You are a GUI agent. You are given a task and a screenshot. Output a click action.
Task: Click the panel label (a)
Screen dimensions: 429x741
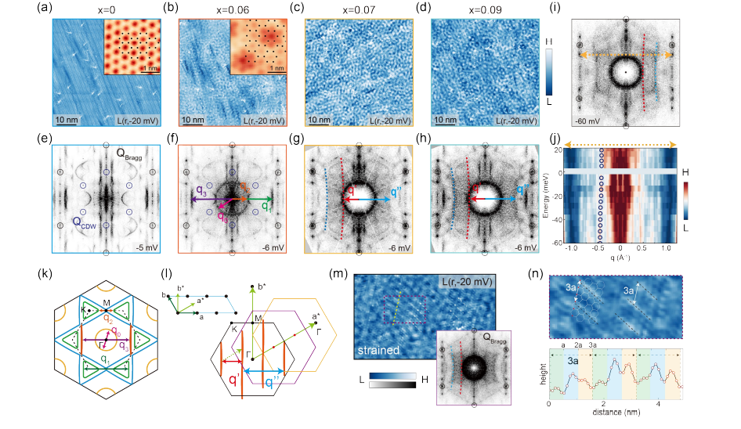[x=58, y=9]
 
